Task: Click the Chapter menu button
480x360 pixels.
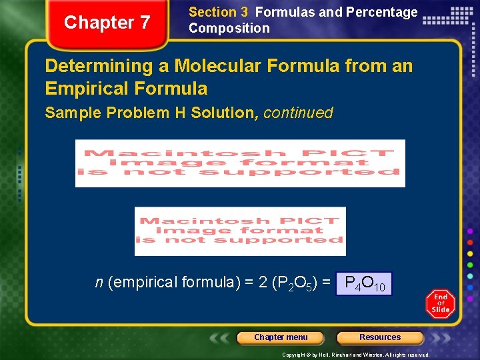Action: (x=281, y=337)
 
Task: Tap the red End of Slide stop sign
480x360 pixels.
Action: (x=440, y=304)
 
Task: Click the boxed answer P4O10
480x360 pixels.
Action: (x=364, y=283)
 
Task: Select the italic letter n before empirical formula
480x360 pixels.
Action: (x=99, y=283)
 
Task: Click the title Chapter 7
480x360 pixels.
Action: (x=107, y=23)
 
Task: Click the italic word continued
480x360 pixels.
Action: (x=298, y=113)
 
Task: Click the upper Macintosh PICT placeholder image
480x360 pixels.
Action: (x=240, y=163)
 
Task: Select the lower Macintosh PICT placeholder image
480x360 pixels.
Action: (x=240, y=231)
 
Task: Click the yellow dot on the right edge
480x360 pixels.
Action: (x=471, y=254)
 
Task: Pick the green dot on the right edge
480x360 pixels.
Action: (x=471, y=265)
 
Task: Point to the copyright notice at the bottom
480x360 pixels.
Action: (x=355, y=355)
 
